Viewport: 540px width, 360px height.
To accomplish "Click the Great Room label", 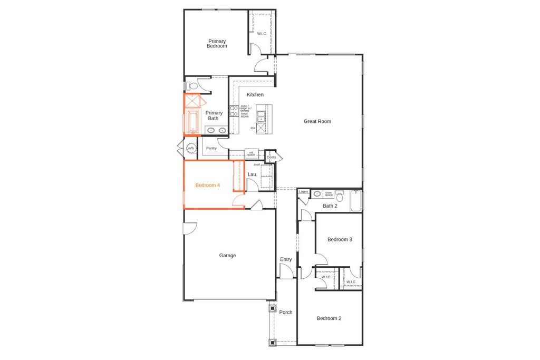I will click(x=317, y=121).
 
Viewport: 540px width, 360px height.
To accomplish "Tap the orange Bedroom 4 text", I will click(x=207, y=186).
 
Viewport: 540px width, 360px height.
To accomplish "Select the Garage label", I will click(x=227, y=256).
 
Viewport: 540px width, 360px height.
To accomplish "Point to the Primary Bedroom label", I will click(x=217, y=44).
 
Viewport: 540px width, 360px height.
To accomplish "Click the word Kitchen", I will click(x=255, y=95).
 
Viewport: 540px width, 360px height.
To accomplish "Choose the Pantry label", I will click(x=211, y=148).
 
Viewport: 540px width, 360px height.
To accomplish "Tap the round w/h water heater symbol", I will click(x=190, y=149).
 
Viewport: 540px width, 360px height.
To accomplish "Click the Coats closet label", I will click(x=271, y=157).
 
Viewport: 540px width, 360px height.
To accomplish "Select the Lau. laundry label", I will click(x=252, y=174).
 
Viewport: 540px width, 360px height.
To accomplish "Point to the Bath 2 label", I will click(x=330, y=206).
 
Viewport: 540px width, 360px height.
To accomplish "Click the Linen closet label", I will click(x=303, y=192).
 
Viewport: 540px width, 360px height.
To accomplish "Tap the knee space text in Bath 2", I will click(x=328, y=193).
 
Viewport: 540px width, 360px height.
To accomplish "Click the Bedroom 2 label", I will click(x=329, y=318).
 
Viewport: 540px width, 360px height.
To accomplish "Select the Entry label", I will click(x=286, y=259).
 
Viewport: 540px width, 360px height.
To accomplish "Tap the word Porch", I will click(x=286, y=313).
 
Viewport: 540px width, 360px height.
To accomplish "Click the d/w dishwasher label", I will click(x=253, y=128).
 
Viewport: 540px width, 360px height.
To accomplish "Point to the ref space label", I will click(x=252, y=154).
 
